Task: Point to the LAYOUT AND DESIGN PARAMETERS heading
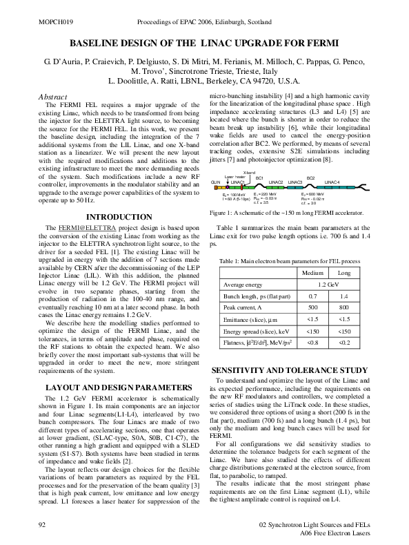(115, 387)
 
